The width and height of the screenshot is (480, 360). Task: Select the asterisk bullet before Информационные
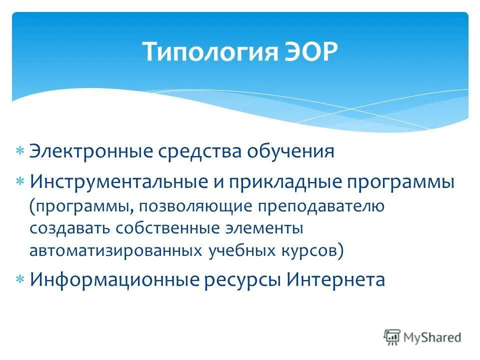tap(20, 279)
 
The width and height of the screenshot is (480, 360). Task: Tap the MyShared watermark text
tap(432, 337)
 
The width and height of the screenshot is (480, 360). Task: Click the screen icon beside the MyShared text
tap(392, 337)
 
